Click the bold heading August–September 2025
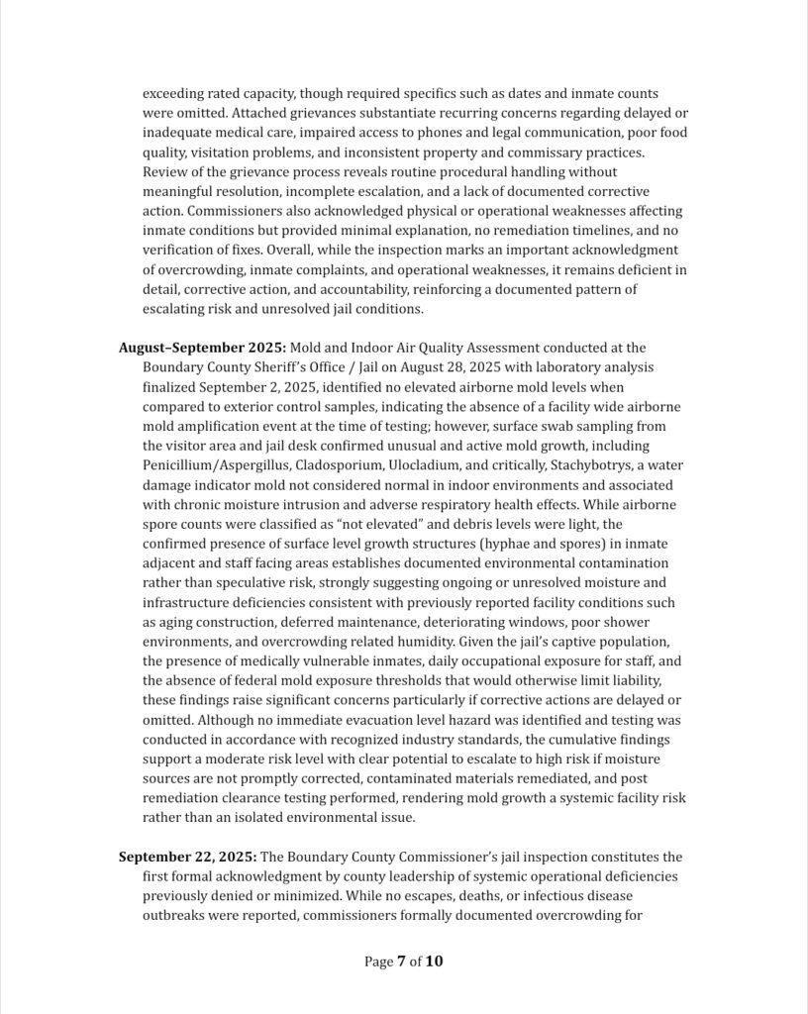(x=202, y=348)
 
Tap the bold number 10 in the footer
(x=435, y=961)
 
